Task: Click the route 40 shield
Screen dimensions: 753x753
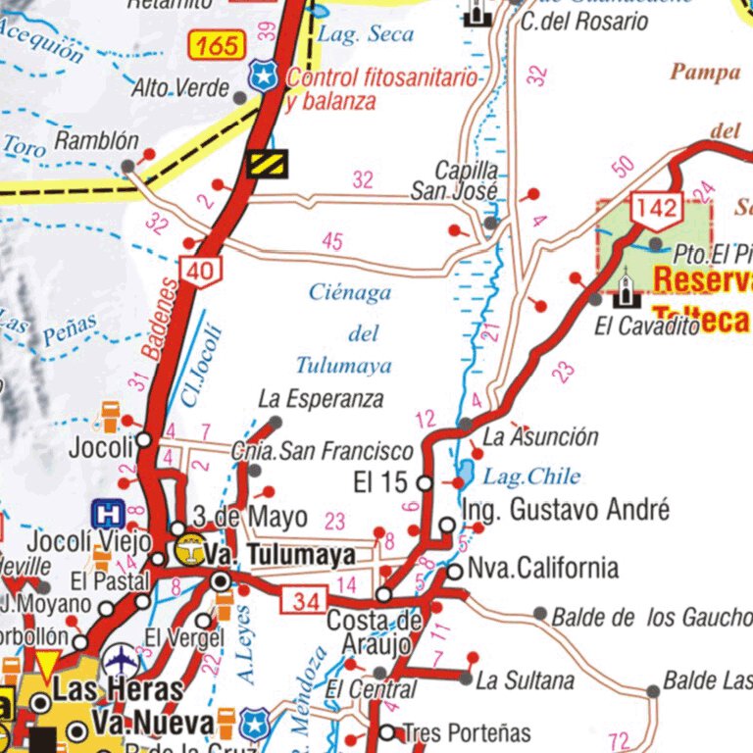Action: tap(200, 272)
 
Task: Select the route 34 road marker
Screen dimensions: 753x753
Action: tap(304, 601)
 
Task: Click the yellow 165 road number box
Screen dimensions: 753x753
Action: tap(216, 45)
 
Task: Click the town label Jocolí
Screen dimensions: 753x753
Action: tap(101, 448)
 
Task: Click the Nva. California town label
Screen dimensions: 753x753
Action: tap(542, 568)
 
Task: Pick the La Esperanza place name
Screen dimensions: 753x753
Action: tap(321, 399)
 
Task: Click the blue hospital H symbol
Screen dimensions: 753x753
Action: tap(107, 513)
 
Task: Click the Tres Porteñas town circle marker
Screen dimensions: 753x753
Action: tap(387, 732)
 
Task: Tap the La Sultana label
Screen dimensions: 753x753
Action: tap(525, 679)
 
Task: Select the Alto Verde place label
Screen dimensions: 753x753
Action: tap(180, 89)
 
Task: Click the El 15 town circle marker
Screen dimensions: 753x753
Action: tap(425, 483)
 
